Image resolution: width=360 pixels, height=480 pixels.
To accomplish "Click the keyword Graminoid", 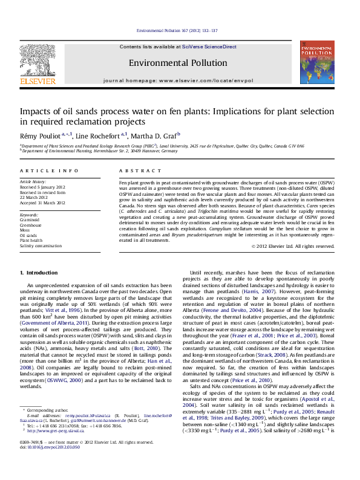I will click(x=30, y=220).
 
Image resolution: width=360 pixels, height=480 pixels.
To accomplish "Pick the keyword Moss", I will click(x=26, y=230).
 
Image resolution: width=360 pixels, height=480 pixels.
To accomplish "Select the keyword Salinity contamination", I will click(x=41, y=246).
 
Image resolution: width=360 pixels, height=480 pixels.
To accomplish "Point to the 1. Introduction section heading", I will click(x=39, y=274).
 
